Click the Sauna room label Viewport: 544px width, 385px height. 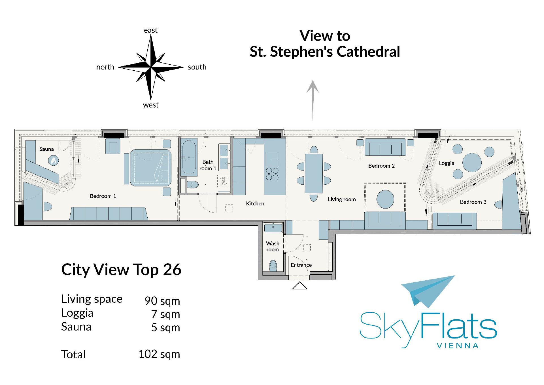(x=46, y=149)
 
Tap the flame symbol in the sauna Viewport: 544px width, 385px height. (x=53, y=161)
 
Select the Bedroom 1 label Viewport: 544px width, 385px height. (x=103, y=196)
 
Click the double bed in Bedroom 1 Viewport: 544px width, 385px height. (x=150, y=168)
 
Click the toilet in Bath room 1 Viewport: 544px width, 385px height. (x=193, y=185)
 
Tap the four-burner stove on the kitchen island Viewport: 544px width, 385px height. (x=272, y=174)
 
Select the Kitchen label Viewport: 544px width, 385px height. (x=255, y=203)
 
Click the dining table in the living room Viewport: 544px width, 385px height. (x=314, y=174)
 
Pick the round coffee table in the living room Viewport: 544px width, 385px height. (x=385, y=199)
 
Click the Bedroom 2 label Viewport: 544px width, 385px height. (x=381, y=166)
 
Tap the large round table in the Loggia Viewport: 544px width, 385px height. (x=472, y=163)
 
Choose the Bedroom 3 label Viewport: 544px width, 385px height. (x=473, y=202)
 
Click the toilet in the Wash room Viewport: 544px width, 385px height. (x=273, y=265)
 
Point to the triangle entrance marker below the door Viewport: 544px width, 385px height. (x=300, y=286)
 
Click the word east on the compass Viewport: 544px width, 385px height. (x=150, y=30)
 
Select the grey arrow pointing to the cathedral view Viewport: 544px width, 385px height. (x=313, y=100)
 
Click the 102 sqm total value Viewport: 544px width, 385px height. (x=159, y=354)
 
